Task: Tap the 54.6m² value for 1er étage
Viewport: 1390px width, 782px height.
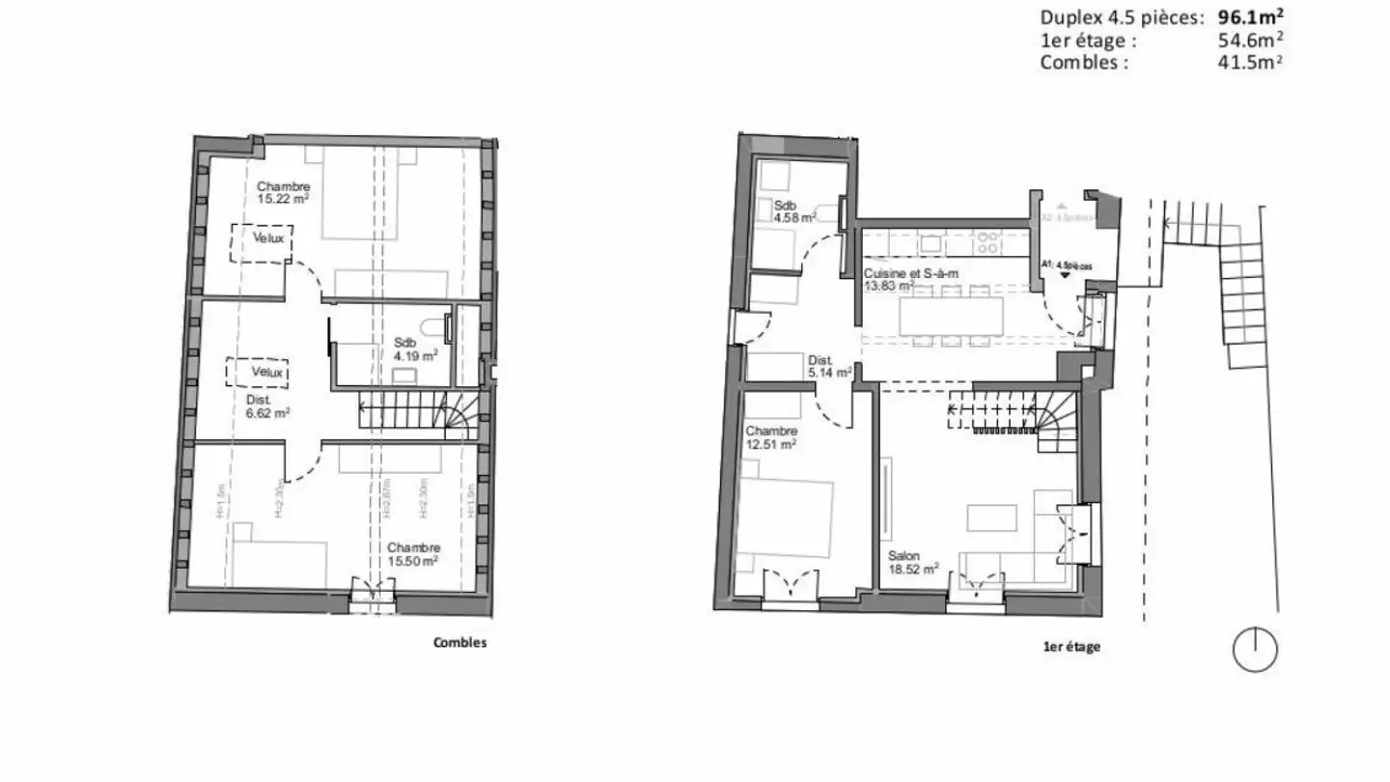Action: (1251, 40)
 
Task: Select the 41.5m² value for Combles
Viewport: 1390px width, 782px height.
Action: (1251, 62)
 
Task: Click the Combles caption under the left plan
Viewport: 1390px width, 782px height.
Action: (460, 643)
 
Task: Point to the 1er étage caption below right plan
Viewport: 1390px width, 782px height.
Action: (1071, 648)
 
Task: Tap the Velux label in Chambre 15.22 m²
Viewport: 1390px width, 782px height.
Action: (269, 238)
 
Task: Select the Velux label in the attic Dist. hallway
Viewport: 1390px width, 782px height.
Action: (271, 372)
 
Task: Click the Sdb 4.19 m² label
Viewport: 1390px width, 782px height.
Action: (415, 349)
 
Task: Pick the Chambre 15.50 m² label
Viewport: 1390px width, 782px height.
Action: (414, 553)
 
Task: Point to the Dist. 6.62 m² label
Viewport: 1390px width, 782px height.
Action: (268, 406)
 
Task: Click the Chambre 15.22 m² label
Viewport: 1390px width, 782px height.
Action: (283, 193)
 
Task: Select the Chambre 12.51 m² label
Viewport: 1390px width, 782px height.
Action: (770, 437)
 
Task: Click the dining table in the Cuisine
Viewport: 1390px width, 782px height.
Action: (951, 315)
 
